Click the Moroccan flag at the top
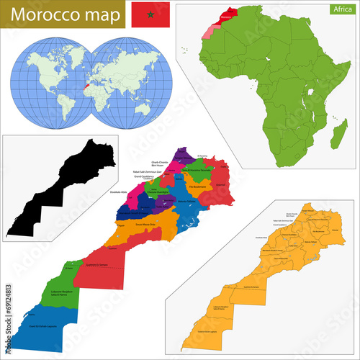pyautogui.click(x=150, y=12)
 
